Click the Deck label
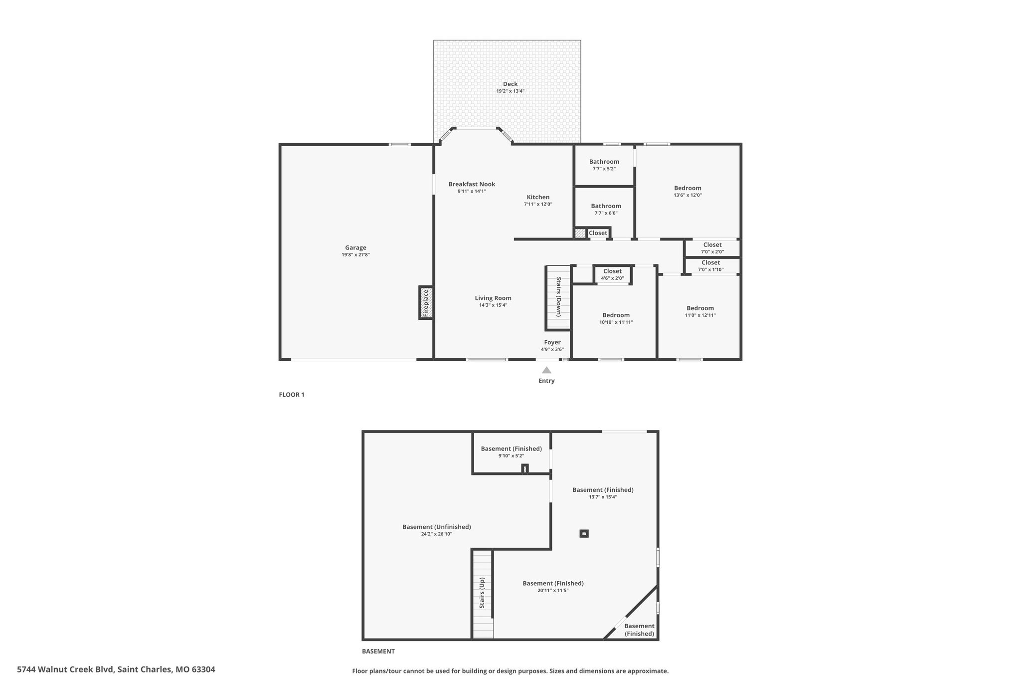(x=510, y=84)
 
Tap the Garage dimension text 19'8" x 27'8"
(x=355, y=255)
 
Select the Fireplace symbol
(x=426, y=303)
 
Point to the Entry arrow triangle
(x=546, y=370)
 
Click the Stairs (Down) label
(x=558, y=297)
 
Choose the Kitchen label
(x=538, y=197)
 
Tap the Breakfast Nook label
(x=472, y=184)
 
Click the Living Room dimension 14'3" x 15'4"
(x=493, y=305)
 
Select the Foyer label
(x=552, y=342)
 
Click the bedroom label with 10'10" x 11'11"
(x=616, y=315)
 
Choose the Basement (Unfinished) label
(x=437, y=527)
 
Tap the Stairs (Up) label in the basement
(x=482, y=593)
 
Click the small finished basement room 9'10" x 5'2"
(x=511, y=449)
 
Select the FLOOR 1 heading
(x=292, y=395)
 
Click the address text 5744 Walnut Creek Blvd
(x=66, y=669)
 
